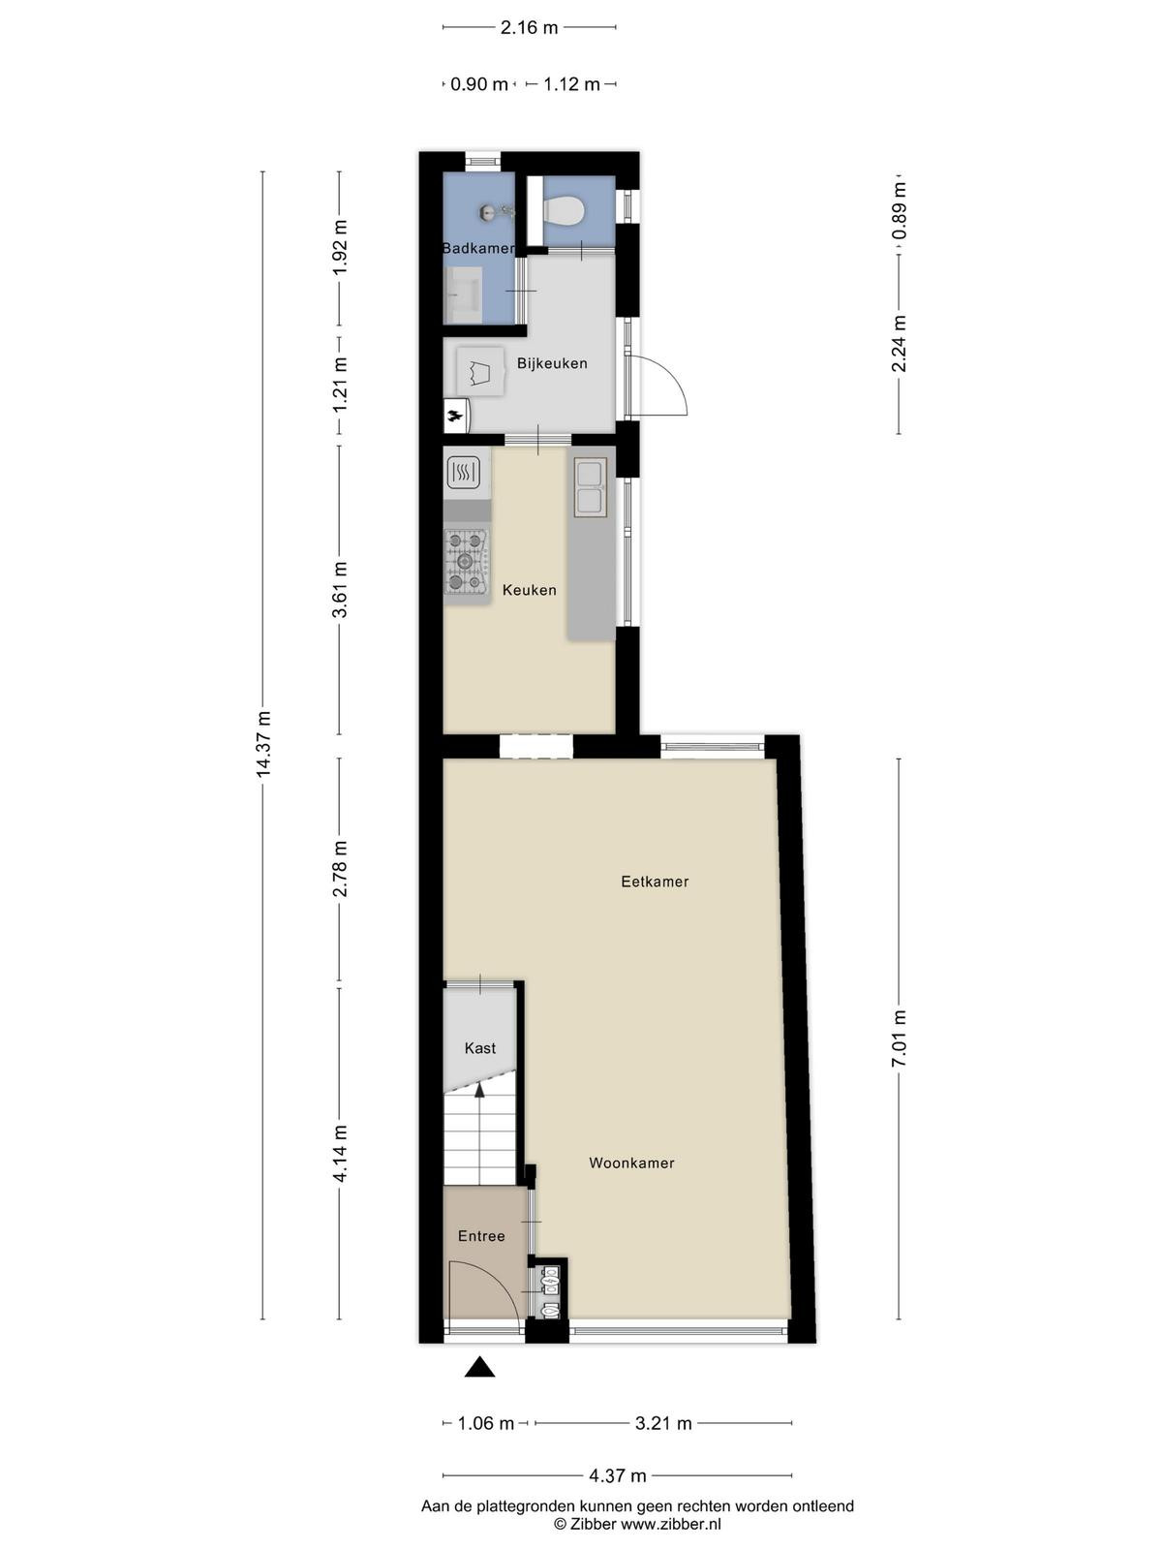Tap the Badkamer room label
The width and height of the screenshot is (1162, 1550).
tap(477, 249)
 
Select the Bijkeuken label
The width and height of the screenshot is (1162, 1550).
tap(552, 363)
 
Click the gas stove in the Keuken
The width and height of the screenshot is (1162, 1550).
tap(466, 561)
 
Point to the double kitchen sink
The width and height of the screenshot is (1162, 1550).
tap(590, 486)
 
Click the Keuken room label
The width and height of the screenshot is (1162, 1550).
tap(529, 590)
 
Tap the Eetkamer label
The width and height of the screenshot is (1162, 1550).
tap(655, 882)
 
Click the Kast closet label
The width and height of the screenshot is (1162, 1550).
tap(479, 1048)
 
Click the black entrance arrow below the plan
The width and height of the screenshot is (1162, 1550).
tap(479, 1367)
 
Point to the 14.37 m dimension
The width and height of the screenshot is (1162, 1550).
tap(263, 745)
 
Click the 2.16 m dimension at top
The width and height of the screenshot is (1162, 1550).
tap(529, 27)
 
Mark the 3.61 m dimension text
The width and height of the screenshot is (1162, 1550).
tap(339, 590)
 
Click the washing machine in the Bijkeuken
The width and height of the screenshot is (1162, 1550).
tap(479, 371)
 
